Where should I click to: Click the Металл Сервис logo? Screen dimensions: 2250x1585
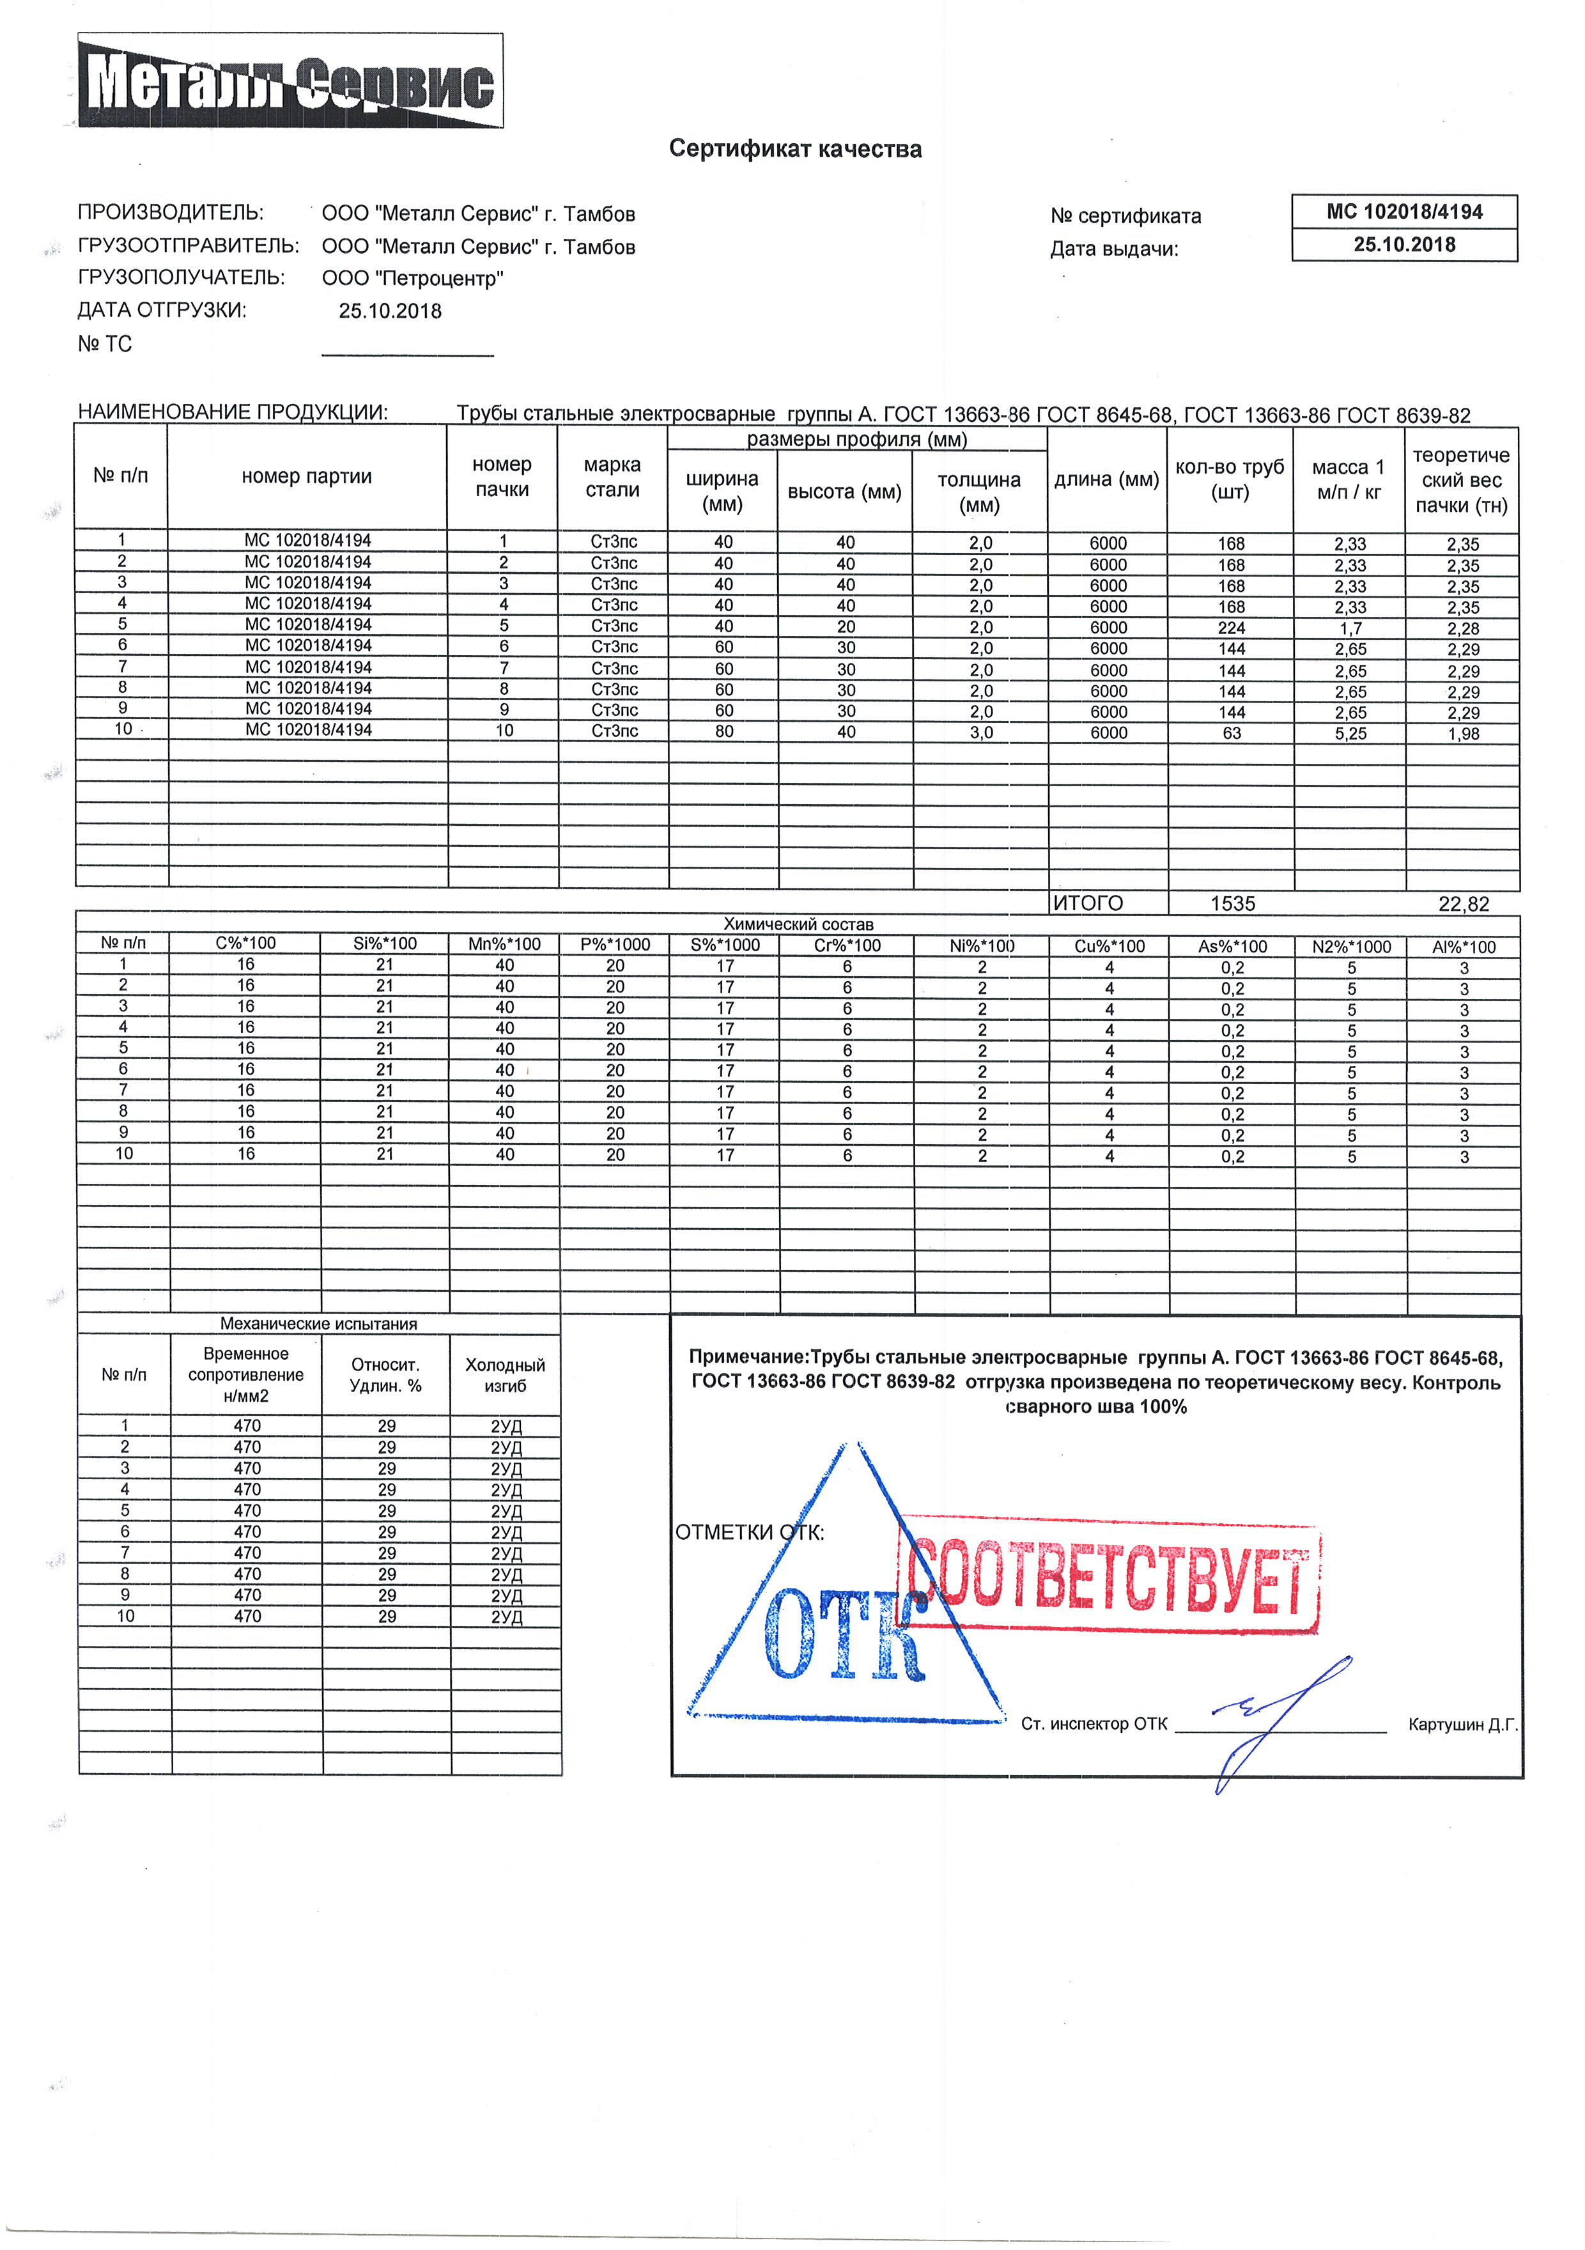(x=290, y=81)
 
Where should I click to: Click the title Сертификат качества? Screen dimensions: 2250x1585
(x=794, y=149)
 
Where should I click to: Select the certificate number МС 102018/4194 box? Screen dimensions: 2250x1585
(x=1403, y=212)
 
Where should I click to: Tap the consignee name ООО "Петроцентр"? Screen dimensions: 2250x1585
(x=412, y=278)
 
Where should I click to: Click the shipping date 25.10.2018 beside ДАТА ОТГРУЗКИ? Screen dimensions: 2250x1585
(x=390, y=312)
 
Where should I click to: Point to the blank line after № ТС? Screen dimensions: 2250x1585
(x=408, y=352)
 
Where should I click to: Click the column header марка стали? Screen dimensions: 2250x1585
(x=612, y=477)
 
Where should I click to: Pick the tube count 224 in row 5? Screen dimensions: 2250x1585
(x=1232, y=628)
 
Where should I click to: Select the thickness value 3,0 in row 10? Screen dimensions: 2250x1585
(x=980, y=733)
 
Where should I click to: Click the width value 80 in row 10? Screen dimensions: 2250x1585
(x=724, y=732)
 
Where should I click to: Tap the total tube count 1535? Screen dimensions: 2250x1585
(x=1232, y=904)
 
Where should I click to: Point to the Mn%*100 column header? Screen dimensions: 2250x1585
(x=504, y=945)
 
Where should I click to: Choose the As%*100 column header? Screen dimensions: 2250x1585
(x=1232, y=947)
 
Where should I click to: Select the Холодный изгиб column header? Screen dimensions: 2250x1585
(x=506, y=1375)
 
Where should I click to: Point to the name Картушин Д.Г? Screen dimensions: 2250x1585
(x=1462, y=1725)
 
